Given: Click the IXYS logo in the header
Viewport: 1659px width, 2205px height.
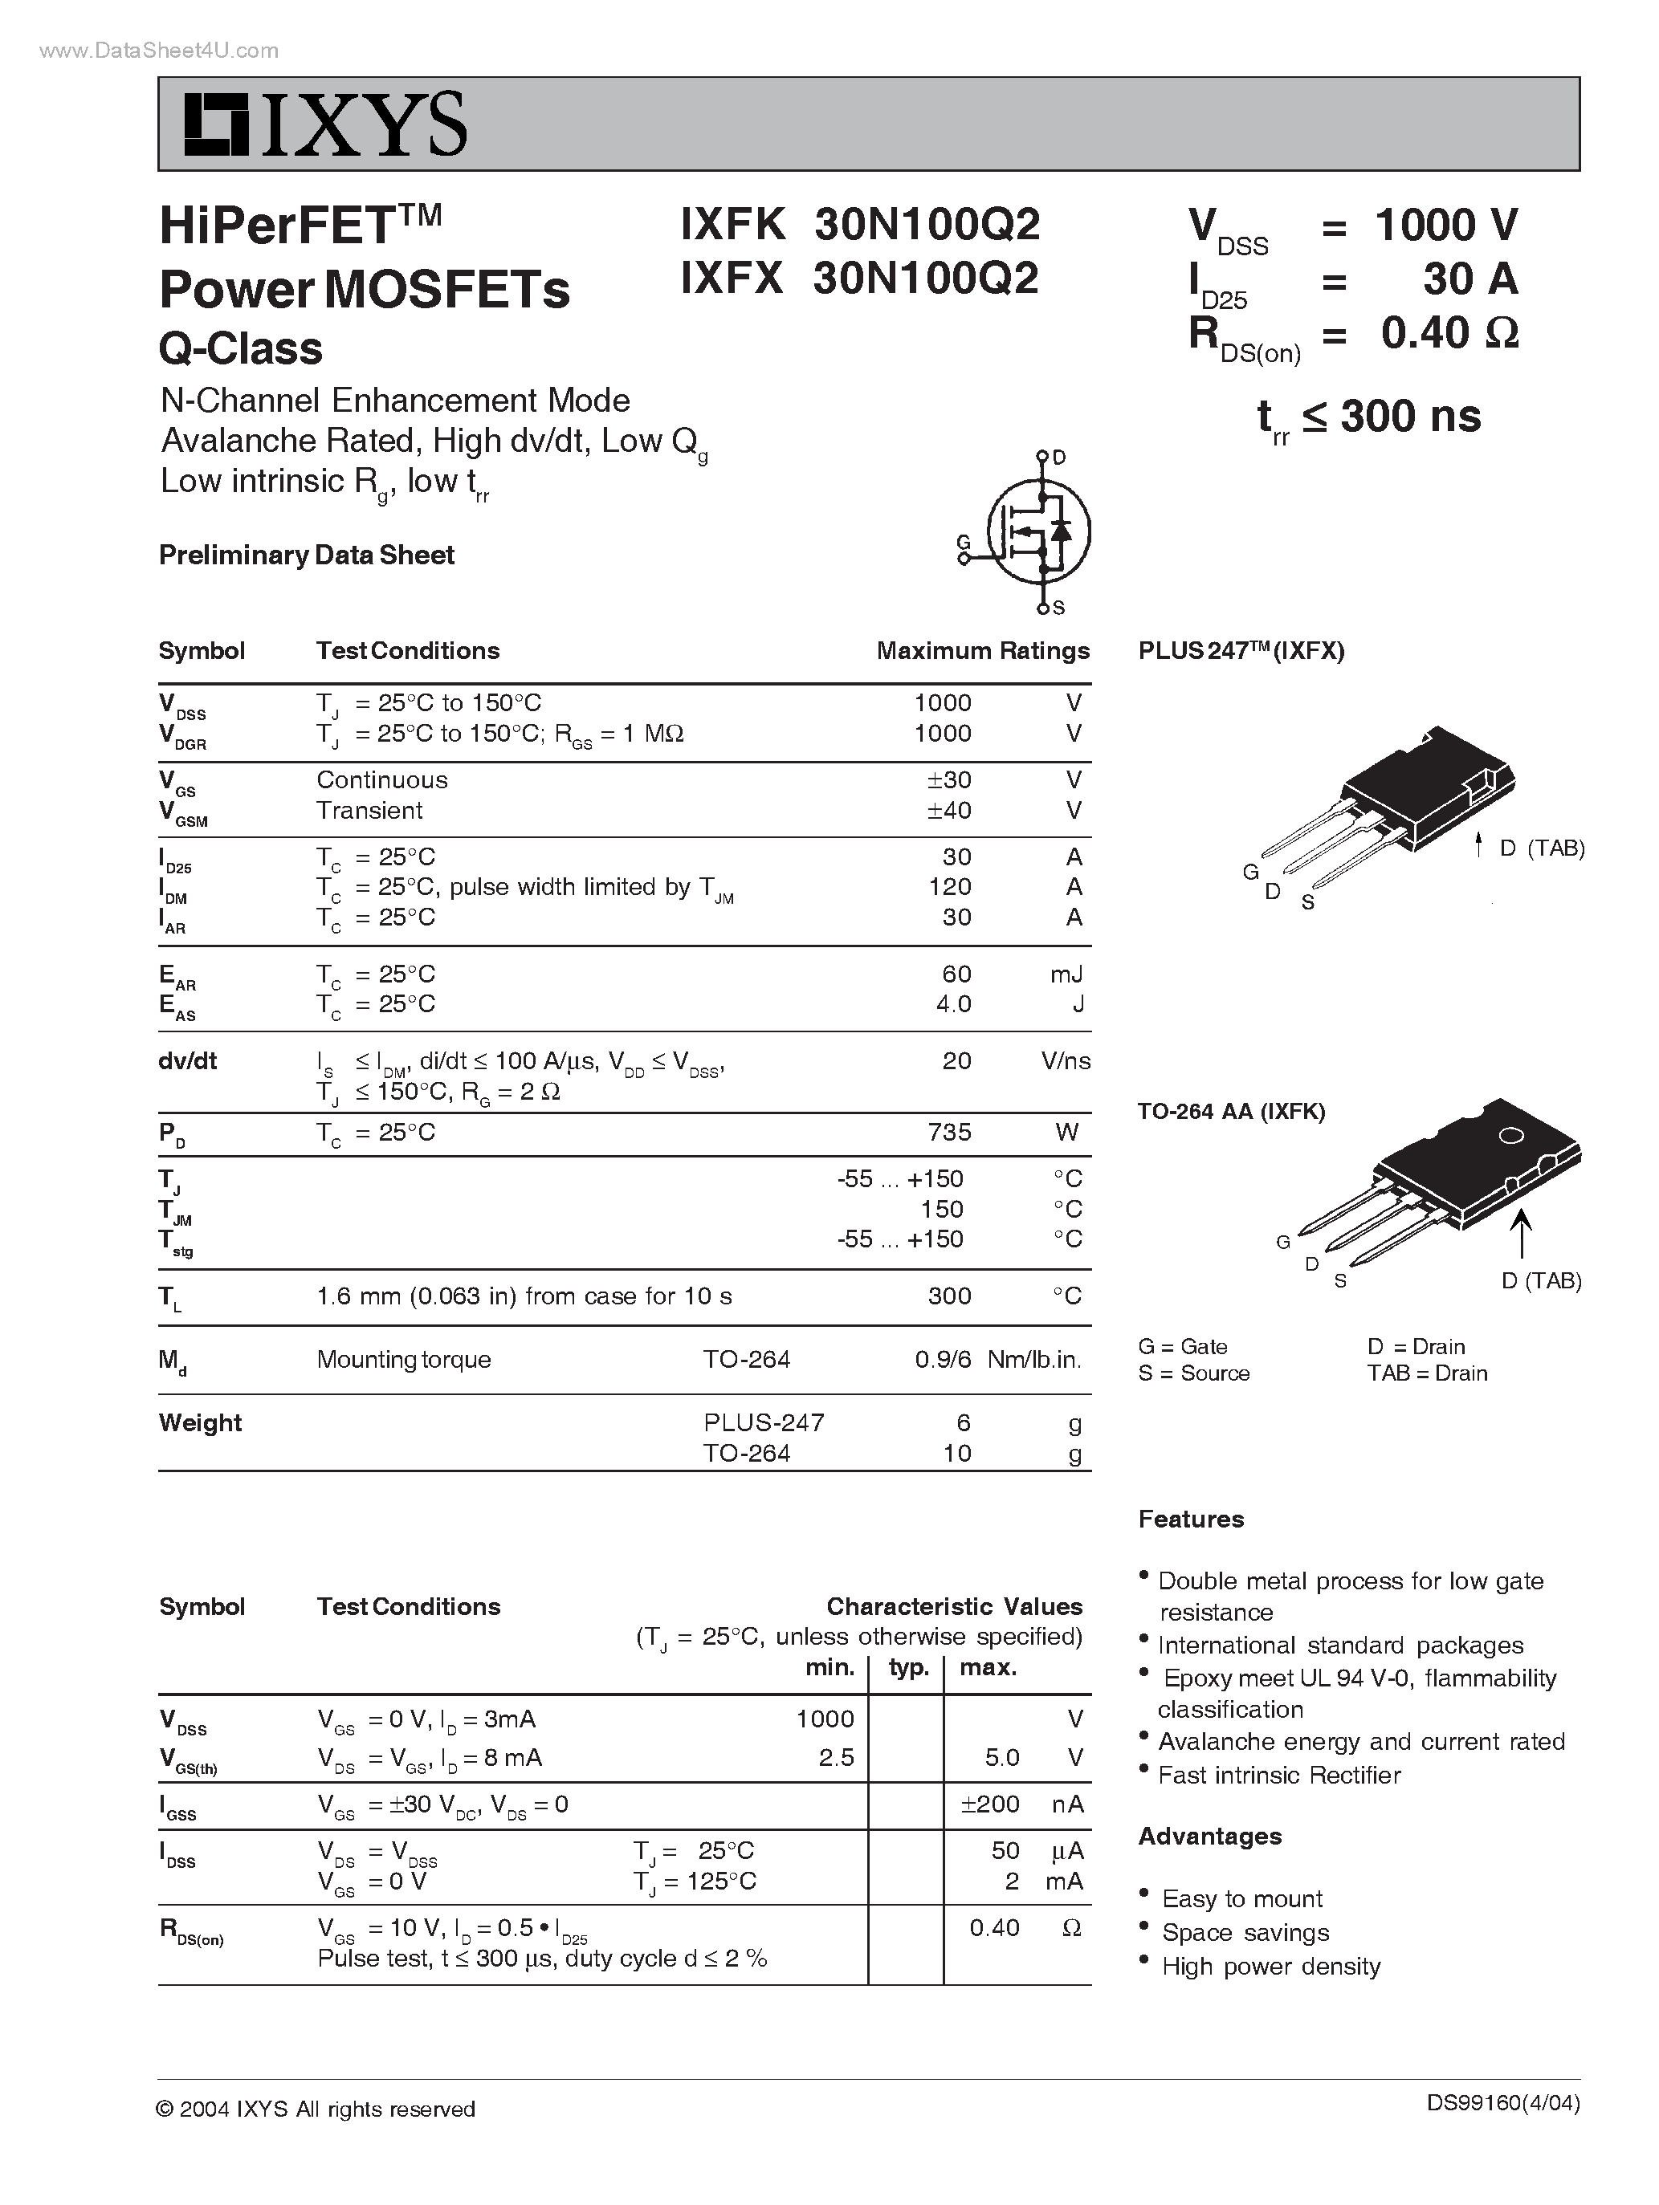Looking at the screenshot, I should tap(324, 124).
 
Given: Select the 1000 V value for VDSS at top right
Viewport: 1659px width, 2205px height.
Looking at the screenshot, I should tap(1445, 226).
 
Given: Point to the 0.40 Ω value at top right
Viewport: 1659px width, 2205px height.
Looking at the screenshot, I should tap(1449, 333).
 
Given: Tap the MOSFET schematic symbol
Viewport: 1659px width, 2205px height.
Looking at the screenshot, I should tap(1037, 531).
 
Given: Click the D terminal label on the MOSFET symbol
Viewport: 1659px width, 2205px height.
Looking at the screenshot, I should tap(1059, 458).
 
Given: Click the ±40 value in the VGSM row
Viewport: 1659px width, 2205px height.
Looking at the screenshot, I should tap(948, 811).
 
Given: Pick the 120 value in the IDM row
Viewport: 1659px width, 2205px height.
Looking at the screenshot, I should tap(949, 887).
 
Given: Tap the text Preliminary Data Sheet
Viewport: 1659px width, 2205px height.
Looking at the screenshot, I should tap(306, 555).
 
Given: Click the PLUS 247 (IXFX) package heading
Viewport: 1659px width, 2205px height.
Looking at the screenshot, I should tap(1241, 651).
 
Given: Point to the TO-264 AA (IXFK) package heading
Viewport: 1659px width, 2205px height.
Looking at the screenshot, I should tap(1231, 1112).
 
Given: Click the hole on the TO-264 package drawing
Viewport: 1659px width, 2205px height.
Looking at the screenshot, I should tap(1511, 1135).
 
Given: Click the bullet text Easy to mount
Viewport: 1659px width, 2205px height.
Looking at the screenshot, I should tap(1241, 1899).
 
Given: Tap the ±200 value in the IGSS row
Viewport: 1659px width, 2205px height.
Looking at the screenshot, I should tap(989, 1804).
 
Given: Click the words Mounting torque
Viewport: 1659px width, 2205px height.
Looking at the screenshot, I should tap(403, 1360).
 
